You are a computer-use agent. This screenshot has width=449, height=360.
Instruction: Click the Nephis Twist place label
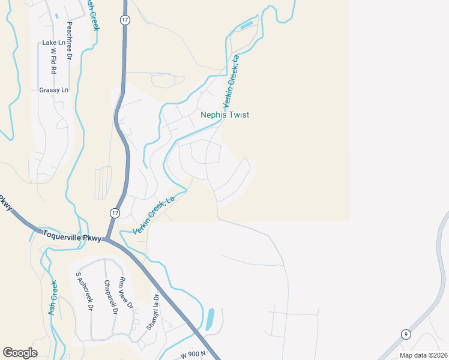(224, 115)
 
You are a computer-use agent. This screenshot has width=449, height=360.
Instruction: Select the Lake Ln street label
(53, 43)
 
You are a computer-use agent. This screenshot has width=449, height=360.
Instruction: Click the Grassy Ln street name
(54, 90)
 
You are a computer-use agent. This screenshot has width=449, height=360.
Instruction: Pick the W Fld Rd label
(53, 61)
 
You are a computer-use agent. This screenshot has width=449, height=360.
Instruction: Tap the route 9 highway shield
(406, 334)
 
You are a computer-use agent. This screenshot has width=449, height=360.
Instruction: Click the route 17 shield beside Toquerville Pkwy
(115, 213)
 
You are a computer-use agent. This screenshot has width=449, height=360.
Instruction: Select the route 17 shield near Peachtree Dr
(124, 20)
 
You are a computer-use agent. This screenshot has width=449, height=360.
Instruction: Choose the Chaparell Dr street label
(108, 298)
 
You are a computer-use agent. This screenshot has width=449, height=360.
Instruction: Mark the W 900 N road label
(193, 354)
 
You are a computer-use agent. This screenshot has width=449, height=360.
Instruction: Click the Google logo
(20, 353)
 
